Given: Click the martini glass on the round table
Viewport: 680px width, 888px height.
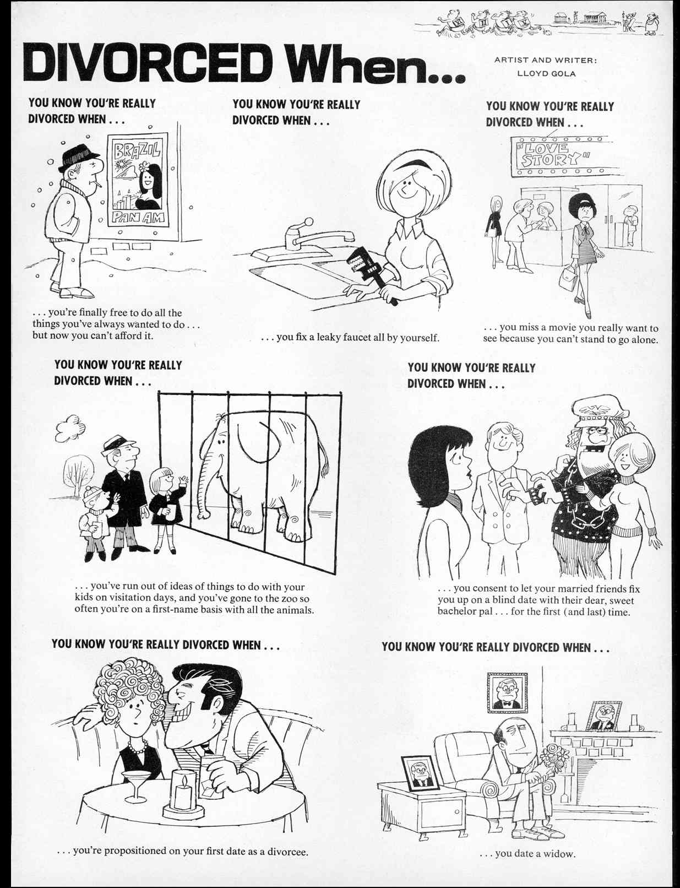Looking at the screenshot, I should pos(133,784).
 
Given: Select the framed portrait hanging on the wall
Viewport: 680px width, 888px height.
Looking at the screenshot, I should pos(507,692).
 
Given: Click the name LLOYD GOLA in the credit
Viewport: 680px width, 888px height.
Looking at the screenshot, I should pos(542,73).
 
